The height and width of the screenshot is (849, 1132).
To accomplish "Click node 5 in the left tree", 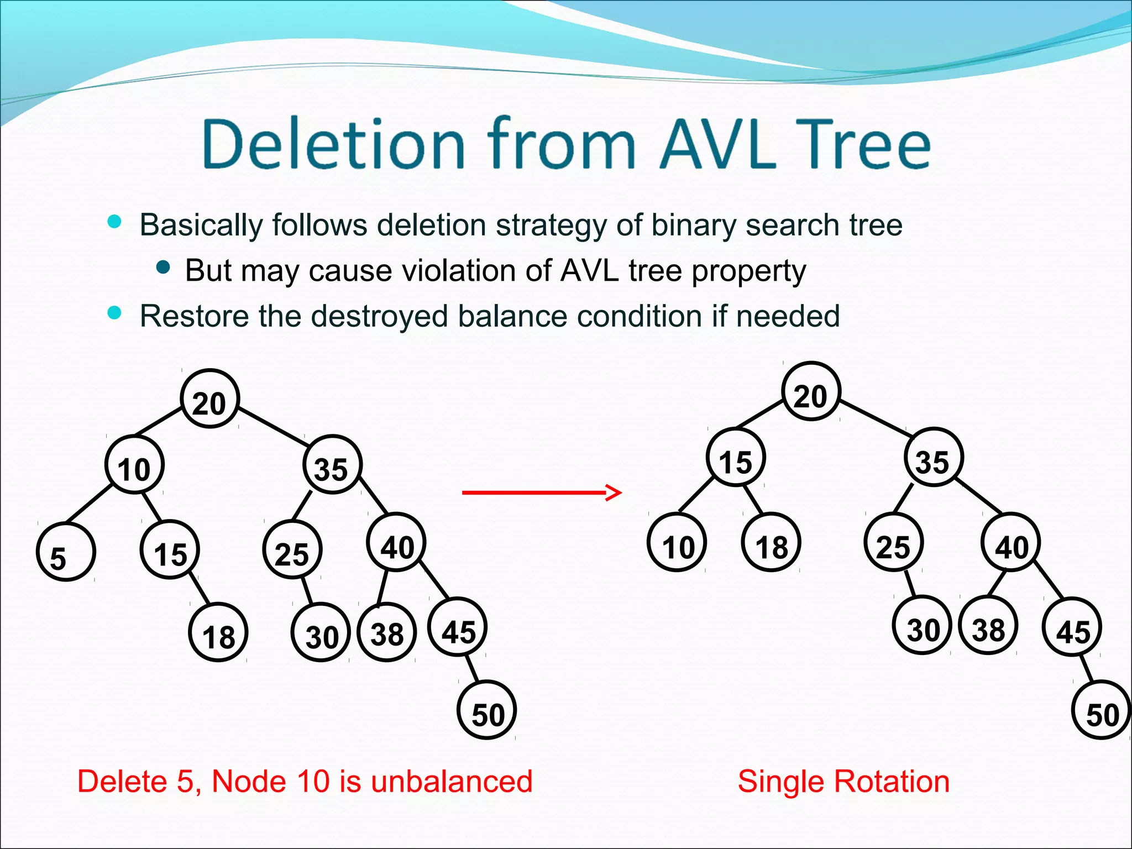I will click(x=66, y=552).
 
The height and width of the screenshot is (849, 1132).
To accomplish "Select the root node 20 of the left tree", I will click(x=209, y=399).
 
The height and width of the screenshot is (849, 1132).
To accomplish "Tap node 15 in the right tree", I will click(x=736, y=458).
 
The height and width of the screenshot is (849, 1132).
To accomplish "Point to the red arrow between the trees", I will click(x=542, y=491).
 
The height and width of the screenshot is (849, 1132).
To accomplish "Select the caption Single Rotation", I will click(x=843, y=782).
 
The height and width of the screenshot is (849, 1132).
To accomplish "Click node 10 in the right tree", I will click(x=677, y=543).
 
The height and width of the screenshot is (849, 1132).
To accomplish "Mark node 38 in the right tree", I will click(x=988, y=626).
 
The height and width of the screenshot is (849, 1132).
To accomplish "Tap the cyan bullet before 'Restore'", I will click(x=114, y=313).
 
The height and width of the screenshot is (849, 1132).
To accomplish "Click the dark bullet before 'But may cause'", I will click(x=163, y=268).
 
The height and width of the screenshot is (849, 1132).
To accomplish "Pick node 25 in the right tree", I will click(x=893, y=543).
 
